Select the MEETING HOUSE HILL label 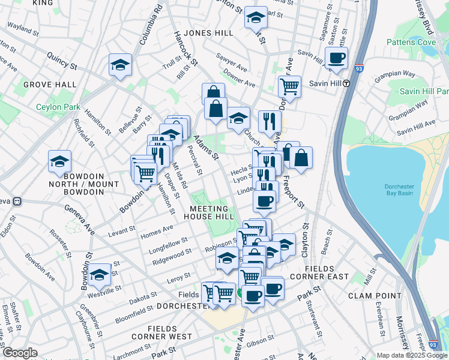208,211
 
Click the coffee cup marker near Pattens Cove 336,59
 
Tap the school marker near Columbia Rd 120,65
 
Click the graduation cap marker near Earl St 256,18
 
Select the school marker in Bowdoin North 60,161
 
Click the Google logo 19,353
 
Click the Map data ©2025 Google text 411,355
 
